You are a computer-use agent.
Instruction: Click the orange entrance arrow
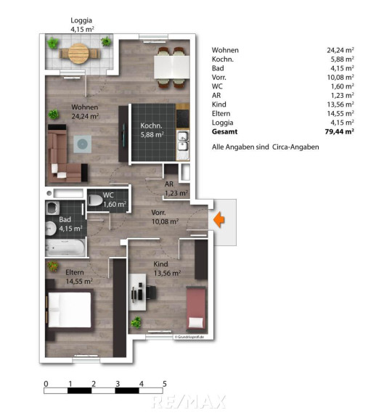point(219,220)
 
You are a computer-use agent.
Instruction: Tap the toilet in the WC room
point(95,200)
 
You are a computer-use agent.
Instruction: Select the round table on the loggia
point(78,54)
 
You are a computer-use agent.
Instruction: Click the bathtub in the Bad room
point(65,247)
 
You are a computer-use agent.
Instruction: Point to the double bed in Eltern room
point(70,310)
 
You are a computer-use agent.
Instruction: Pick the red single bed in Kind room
point(196,308)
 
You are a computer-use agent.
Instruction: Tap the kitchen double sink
point(183,142)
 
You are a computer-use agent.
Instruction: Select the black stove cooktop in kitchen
point(183,118)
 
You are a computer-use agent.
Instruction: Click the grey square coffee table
point(83,144)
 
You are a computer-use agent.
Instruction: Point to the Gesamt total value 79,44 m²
point(339,131)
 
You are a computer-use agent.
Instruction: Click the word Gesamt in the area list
point(224,131)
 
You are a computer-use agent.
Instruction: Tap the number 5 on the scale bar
point(165,384)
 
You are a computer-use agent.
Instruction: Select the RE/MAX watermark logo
point(189,402)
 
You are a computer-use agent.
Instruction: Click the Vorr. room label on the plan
point(158,213)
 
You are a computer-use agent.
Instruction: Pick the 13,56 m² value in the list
point(340,104)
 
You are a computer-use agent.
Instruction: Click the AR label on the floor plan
point(169,184)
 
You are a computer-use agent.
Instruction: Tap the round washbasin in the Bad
point(50,229)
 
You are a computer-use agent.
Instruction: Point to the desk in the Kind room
point(137,292)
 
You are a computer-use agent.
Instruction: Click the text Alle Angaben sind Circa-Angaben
point(266,147)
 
